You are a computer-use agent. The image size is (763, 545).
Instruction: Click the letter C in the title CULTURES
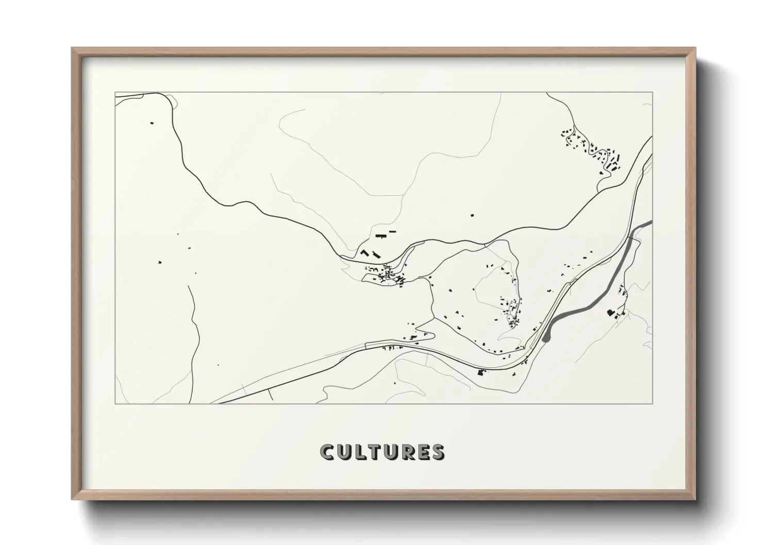(x=327, y=452)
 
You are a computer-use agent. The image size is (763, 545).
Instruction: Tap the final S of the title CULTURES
(x=438, y=452)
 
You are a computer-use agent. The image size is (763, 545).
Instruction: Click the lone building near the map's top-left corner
(x=152, y=123)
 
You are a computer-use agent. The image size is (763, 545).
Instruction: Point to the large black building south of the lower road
(x=482, y=372)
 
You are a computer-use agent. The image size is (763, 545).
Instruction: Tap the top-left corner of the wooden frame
(x=73, y=49)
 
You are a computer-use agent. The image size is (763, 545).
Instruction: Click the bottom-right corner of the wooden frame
(x=694, y=498)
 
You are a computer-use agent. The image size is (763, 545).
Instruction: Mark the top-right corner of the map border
(x=652, y=92)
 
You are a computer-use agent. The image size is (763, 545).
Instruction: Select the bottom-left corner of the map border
(x=115, y=403)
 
